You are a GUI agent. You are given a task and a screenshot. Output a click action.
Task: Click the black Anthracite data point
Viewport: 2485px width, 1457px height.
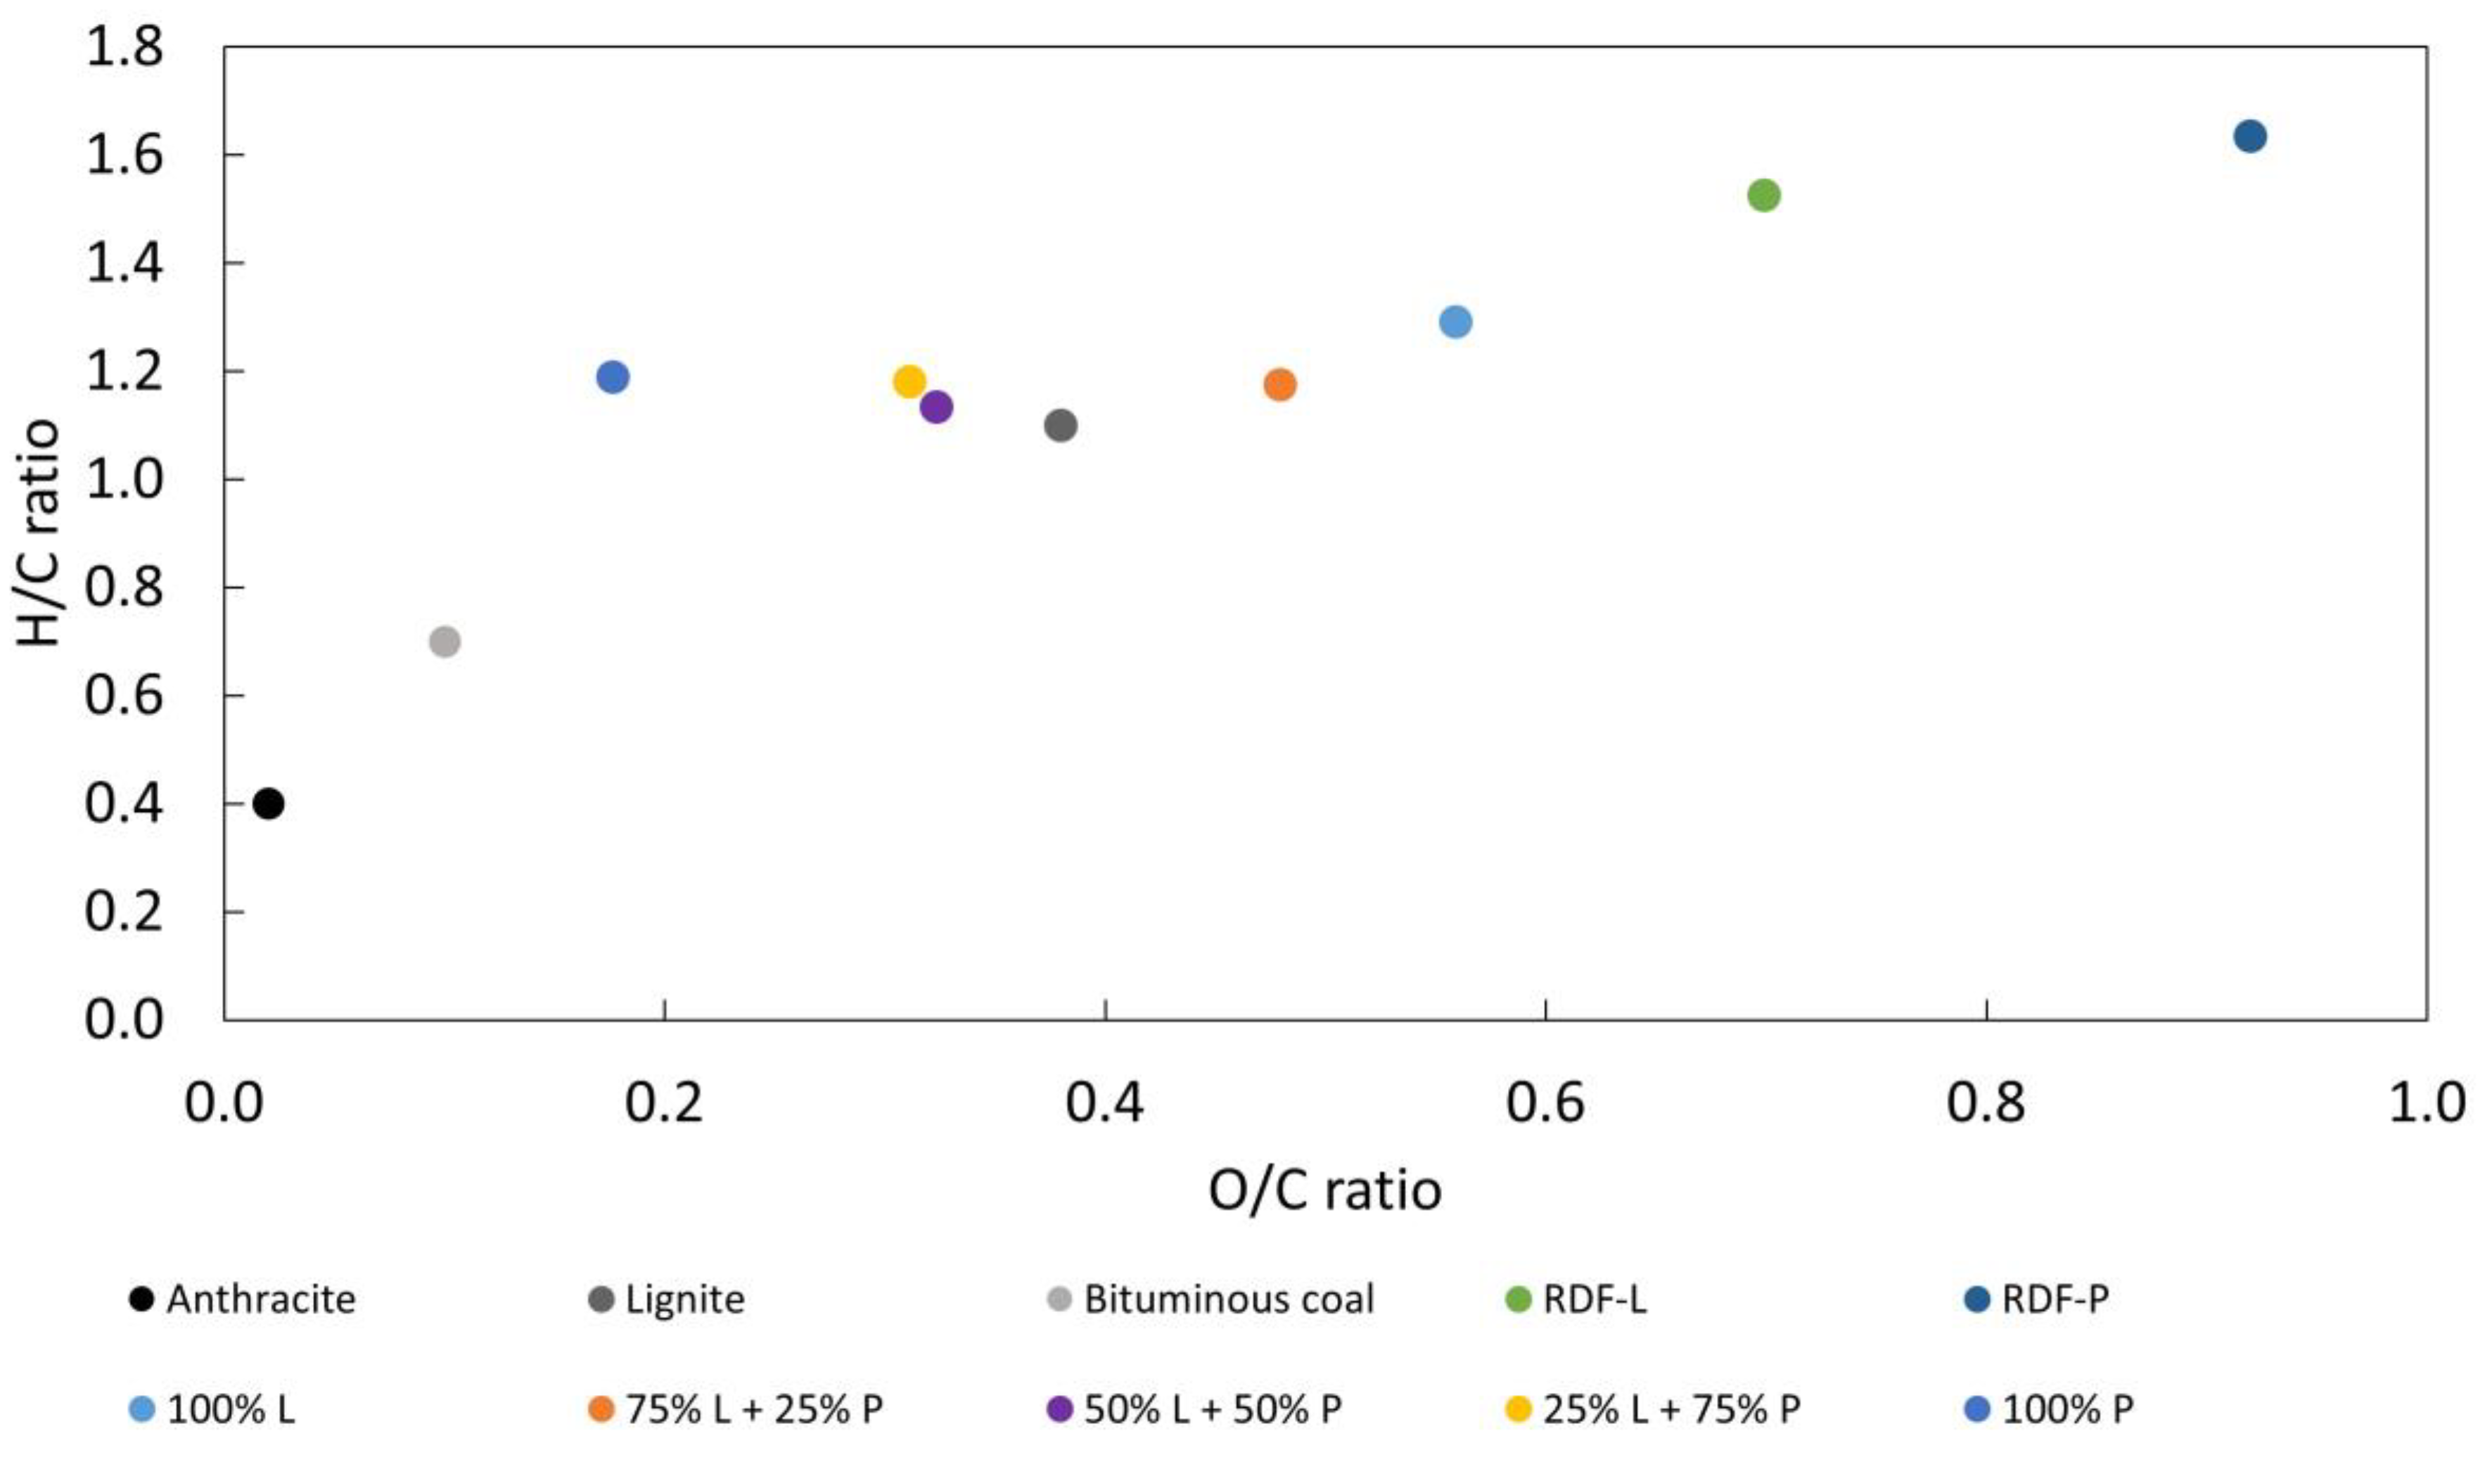click(268, 804)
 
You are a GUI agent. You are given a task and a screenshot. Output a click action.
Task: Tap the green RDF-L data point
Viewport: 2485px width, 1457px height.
click(1763, 196)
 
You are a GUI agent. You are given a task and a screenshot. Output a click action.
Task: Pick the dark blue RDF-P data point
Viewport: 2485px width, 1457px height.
click(2249, 136)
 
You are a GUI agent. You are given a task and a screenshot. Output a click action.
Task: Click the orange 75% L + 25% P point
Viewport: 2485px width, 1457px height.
click(1279, 385)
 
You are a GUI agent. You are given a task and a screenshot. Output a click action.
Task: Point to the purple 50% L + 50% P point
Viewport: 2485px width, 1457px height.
click(935, 407)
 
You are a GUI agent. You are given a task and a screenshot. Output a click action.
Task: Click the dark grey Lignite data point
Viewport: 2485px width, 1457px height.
click(1060, 426)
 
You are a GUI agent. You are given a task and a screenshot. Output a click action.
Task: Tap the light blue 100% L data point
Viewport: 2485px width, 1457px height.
click(1455, 322)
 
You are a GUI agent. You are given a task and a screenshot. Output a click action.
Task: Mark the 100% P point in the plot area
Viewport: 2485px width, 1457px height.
click(613, 377)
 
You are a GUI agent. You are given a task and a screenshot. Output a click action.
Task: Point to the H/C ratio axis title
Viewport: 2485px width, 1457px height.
click(39, 533)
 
